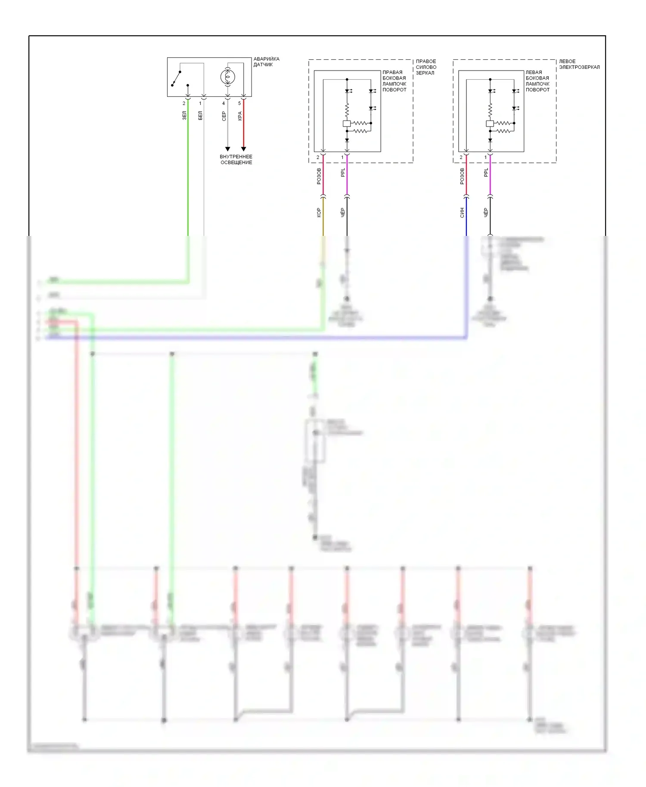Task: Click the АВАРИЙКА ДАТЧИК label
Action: [x=266, y=62]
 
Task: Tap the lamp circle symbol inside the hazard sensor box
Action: [x=227, y=77]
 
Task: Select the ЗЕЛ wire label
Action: [x=184, y=115]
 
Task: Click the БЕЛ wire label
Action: [x=200, y=115]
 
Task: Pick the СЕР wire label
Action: [x=224, y=116]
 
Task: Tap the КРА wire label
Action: [x=240, y=116]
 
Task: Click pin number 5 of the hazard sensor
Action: [x=239, y=103]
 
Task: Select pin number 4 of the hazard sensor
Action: [x=224, y=103]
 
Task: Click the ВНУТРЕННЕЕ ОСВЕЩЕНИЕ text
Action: [x=236, y=160]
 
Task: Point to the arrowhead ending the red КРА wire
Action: [x=243, y=149]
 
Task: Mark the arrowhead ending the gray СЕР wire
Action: [x=227, y=149]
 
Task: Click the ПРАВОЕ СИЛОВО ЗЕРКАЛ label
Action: [x=426, y=67]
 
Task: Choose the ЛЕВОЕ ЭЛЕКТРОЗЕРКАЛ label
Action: [x=579, y=64]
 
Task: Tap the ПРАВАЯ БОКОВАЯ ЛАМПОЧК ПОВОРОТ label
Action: [x=394, y=81]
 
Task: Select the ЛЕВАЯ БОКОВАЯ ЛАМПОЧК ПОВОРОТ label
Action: [x=537, y=81]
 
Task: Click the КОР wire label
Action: [x=319, y=212]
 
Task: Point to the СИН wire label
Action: [x=462, y=212]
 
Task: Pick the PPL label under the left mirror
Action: [x=486, y=173]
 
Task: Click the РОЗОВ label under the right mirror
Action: [x=319, y=176]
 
